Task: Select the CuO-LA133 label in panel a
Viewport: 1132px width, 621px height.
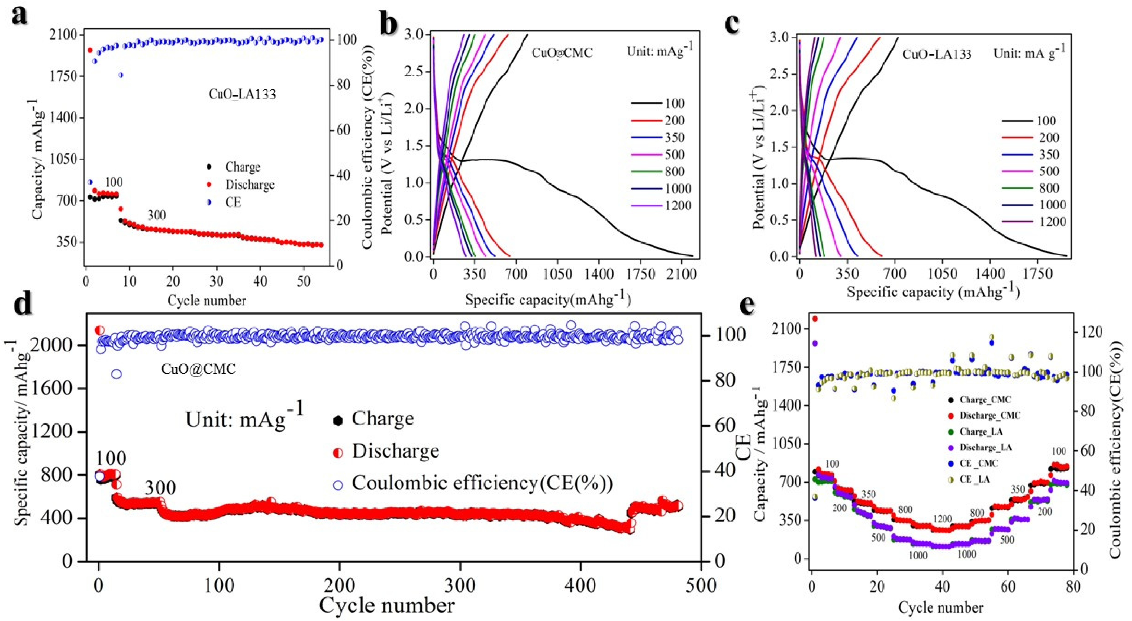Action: (242, 95)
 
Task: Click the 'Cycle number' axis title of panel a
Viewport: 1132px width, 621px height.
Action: (207, 300)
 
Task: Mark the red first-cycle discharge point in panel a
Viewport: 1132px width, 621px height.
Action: (90, 50)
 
